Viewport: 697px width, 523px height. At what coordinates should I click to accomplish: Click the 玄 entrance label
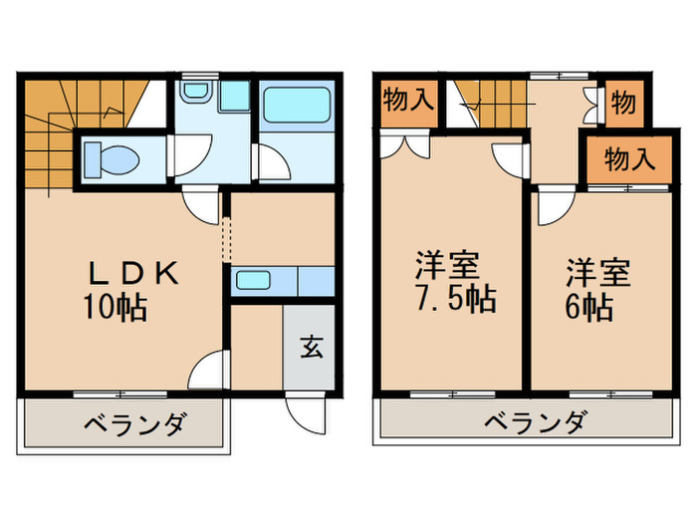[312, 348]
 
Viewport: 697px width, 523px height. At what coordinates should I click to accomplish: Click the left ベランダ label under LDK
[133, 426]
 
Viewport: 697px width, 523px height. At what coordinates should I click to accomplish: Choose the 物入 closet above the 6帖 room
[627, 158]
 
